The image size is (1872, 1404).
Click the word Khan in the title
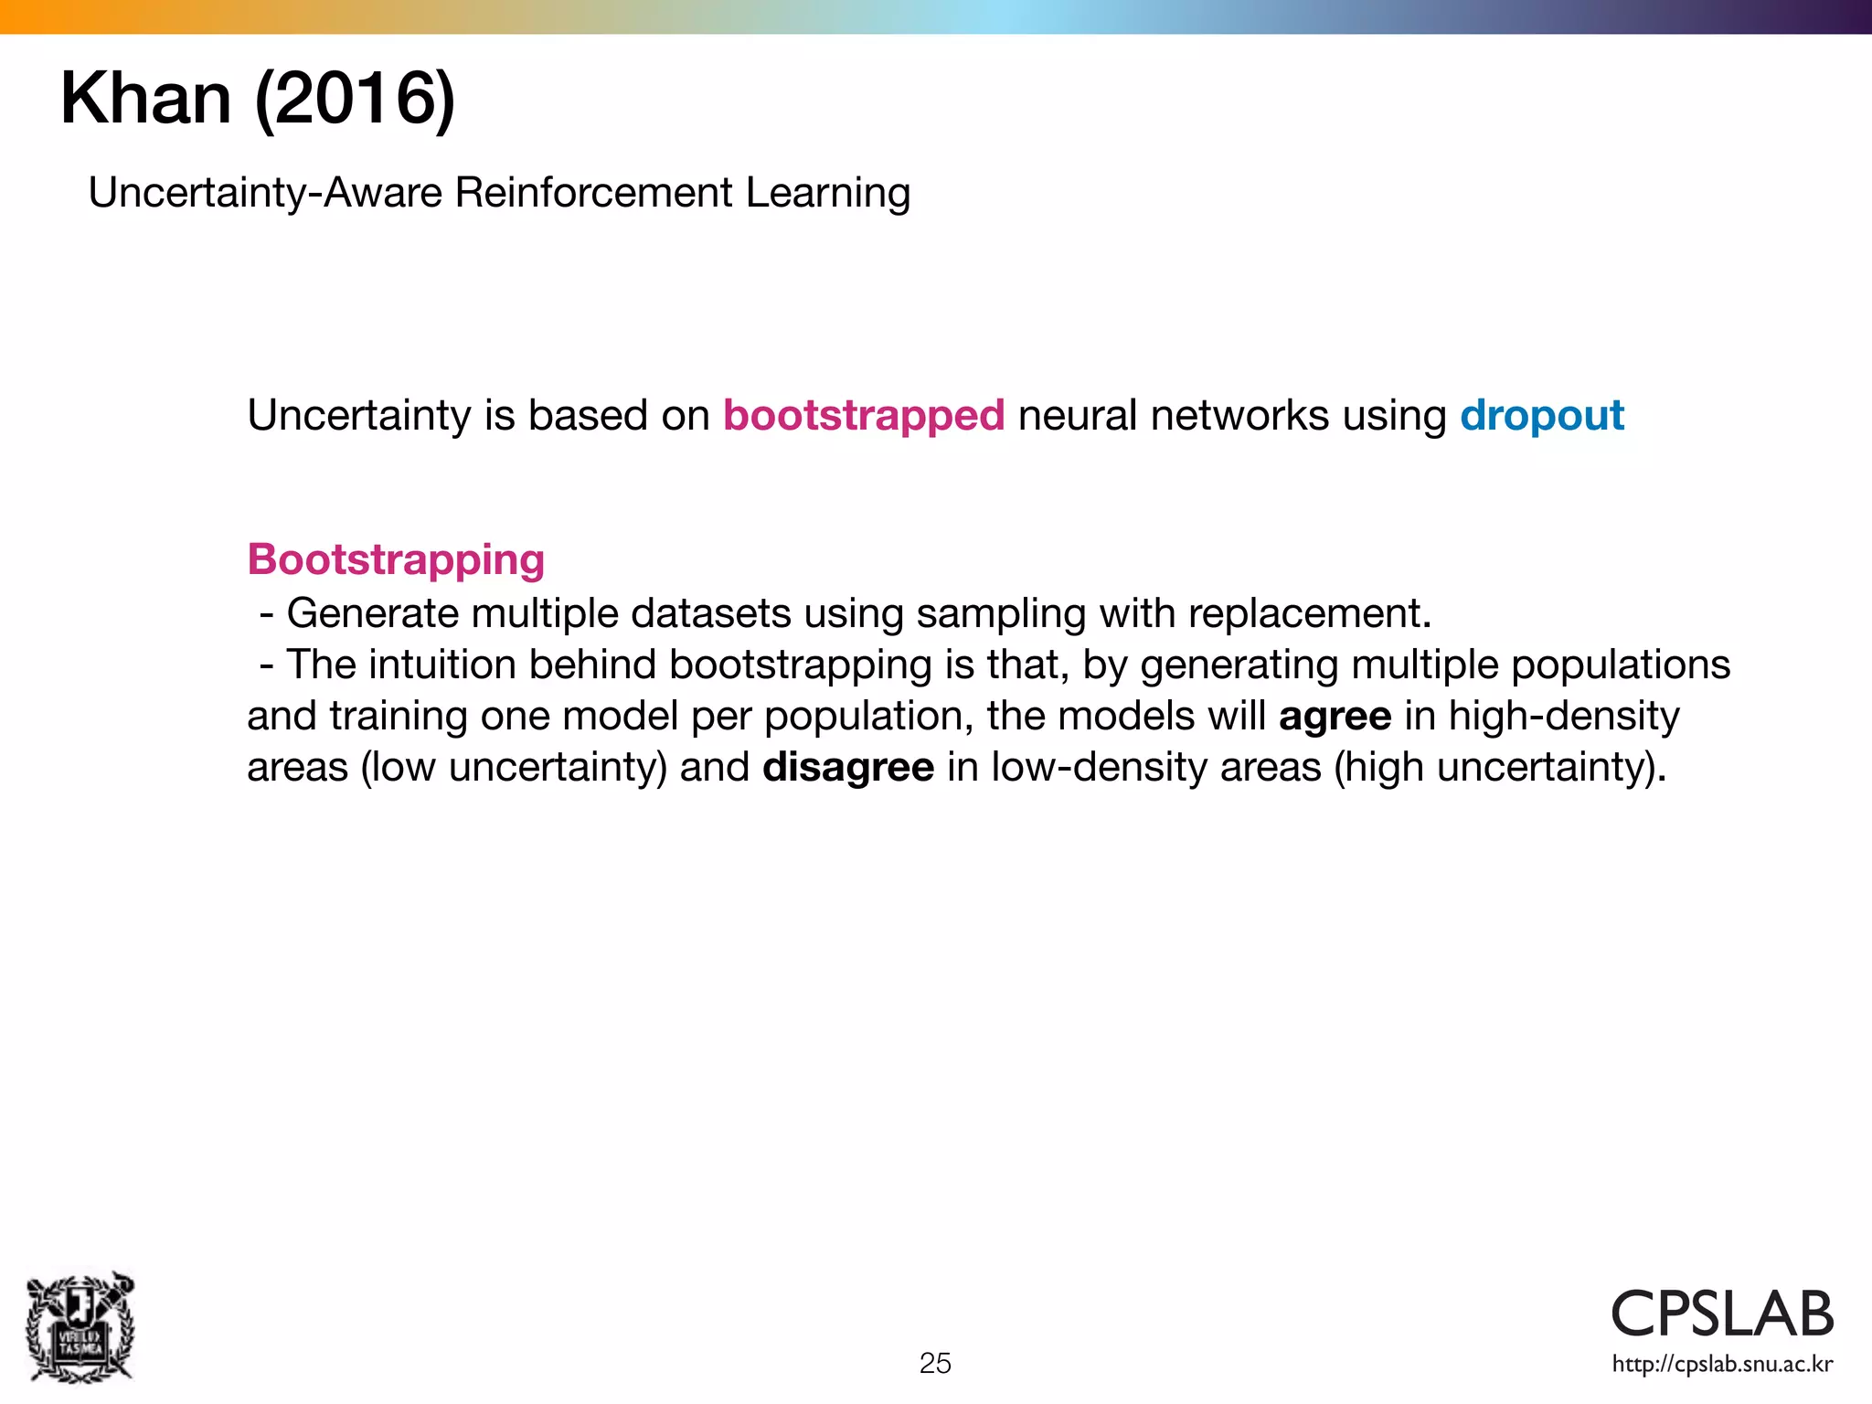[x=146, y=99]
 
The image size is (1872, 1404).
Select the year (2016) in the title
[x=355, y=99]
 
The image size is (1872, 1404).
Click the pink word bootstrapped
[x=864, y=416]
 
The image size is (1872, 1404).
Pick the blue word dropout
[x=1542, y=416]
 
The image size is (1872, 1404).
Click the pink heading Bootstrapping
[x=396, y=559]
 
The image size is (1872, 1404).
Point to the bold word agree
[x=1335, y=717]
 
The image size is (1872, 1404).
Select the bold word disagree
[x=848, y=768]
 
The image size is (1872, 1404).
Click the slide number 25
[x=935, y=1363]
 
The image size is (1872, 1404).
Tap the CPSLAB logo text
[x=1722, y=1314]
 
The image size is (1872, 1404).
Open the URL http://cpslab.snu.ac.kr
[x=1722, y=1365]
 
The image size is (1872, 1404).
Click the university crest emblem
[x=80, y=1326]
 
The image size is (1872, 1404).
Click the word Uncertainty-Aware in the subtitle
[x=265, y=193]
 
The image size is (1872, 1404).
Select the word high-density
[x=1564, y=717]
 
